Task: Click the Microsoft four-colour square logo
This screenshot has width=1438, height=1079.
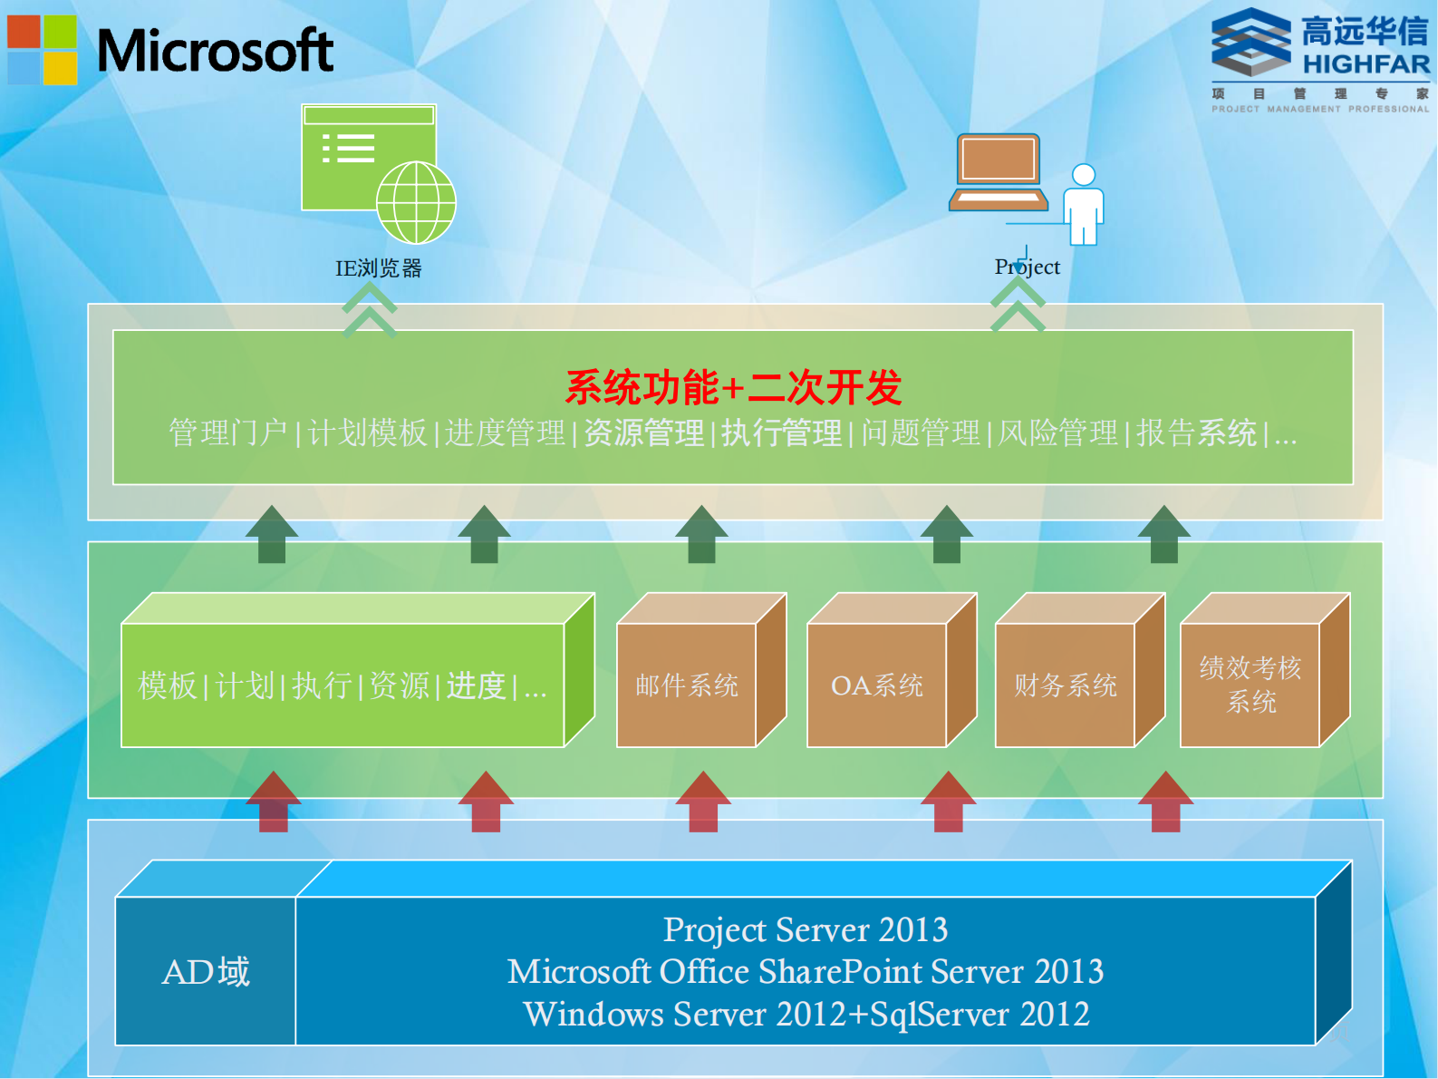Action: click(43, 50)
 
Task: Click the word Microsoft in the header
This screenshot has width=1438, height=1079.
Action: click(215, 51)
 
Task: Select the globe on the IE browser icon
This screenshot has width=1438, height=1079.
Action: click(416, 202)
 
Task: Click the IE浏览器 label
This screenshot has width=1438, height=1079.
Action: click(379, 268)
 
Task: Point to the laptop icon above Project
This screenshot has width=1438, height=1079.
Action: click(998, 172)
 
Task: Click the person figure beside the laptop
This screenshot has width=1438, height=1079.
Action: click(1084, 204)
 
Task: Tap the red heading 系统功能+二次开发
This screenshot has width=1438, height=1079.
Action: click(733, 388)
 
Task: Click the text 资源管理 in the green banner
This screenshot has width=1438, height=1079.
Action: click(643, 433)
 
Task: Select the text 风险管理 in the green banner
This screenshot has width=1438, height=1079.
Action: click(1057, 433)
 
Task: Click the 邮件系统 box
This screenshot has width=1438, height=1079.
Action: click(687, 685)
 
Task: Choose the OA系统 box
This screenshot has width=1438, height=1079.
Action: click(877, 685)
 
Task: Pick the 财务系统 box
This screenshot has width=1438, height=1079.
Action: click(1066, 685)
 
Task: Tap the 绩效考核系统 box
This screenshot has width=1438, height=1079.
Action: click(1250, 685)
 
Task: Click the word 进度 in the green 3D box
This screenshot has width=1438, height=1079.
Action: click(476, 685)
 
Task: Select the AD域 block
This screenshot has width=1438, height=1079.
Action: click(206, 972)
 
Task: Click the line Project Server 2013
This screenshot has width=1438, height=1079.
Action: click(806, 930)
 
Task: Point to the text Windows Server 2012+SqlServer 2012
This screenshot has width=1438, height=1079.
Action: click(806, 1015)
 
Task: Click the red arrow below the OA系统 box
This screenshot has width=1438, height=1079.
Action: click(948, 802)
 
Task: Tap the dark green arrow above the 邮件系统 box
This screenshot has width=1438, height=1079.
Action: click(701, 534)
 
